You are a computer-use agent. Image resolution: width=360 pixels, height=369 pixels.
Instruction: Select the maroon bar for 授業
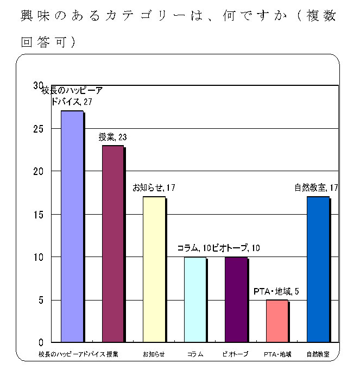click(113, 244)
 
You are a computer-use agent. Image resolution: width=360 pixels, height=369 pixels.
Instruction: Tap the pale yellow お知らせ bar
click(154, 270)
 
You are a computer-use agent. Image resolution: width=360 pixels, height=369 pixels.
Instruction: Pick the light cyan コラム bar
click(195, 299)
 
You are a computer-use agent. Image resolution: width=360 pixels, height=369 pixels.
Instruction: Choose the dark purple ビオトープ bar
click(236, 299)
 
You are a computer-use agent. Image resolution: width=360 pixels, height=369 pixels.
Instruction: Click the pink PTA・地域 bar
click(277, 321)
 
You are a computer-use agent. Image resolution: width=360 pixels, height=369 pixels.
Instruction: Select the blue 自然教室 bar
click(318, 270)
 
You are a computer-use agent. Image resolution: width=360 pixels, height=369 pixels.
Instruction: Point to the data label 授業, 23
click(112, 136)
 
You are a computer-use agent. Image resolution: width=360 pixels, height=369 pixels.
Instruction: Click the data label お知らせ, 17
click(154, 188)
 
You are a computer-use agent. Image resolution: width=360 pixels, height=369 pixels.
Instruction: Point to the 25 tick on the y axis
click(39, 129)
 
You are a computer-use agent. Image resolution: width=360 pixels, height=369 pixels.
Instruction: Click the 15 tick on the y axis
click(39, 214)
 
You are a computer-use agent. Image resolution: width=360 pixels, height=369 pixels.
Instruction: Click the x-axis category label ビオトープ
click(236, 354)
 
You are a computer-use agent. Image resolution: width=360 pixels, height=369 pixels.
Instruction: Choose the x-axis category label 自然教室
click(318, 354)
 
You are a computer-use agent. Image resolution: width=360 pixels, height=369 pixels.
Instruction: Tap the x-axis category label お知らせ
click(154, 354)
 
